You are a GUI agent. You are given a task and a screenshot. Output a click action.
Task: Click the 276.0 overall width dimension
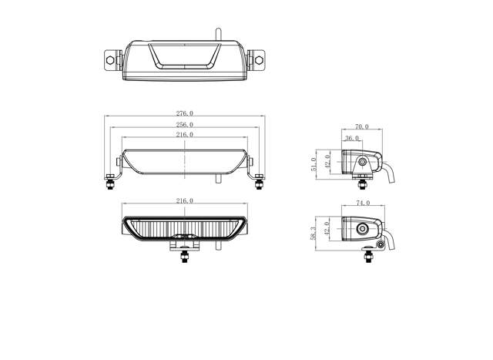pyautogui.click(x=184, y=113)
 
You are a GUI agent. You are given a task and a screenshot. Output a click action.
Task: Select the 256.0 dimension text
pyautogui.click(x=184, y=124)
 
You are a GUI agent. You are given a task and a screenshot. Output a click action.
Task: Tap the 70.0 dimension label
pyautogui.click(x=361, y=126)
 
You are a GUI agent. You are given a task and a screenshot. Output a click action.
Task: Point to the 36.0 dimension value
pyautogui.click(x=351, y=138)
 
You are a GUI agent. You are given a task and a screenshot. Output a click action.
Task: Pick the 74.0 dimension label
pyautogui.click(x=363, y=203)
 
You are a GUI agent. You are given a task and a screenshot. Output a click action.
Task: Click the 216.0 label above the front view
pyautogui.click(x=184, y=200)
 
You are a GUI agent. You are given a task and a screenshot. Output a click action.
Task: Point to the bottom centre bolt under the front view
pyautogui.click(x=184, y=256)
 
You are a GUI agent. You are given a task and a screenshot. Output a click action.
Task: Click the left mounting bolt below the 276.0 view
pyautogui.click(x=109, y=182)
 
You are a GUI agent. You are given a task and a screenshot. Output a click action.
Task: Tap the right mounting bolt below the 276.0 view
pyautogui.click(x=259, y=182)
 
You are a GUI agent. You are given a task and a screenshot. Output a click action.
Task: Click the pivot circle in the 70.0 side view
pyautogui.click(x=362, y=162)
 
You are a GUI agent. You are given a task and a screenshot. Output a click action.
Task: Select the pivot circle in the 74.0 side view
pyautogui.click(x=363, y=229)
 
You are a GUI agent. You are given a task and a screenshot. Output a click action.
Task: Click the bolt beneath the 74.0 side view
pyautogui.click(x=382, y=245)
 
